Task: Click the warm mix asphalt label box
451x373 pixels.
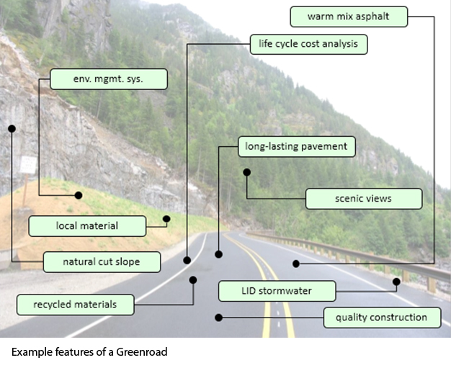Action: pos(349,17)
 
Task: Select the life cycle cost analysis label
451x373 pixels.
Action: pos(308,45)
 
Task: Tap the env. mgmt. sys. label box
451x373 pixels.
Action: pos(109,79)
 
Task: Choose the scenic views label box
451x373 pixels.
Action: pos(364,199)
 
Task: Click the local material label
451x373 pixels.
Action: pos(87,226)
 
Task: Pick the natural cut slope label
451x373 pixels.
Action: pos(102,261)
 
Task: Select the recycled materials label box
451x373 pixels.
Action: pos(75,305)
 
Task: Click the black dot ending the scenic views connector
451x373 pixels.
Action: pos(246,172)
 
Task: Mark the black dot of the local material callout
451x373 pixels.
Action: pos(166,218)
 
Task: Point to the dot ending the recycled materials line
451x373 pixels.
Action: pos(192,279)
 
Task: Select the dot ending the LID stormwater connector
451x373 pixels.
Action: pos(396,281)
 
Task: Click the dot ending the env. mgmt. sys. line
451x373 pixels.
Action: pos(79,195)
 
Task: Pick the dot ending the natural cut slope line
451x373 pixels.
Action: pos(12,128)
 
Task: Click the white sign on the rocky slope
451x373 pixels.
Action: pos(27,165)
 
